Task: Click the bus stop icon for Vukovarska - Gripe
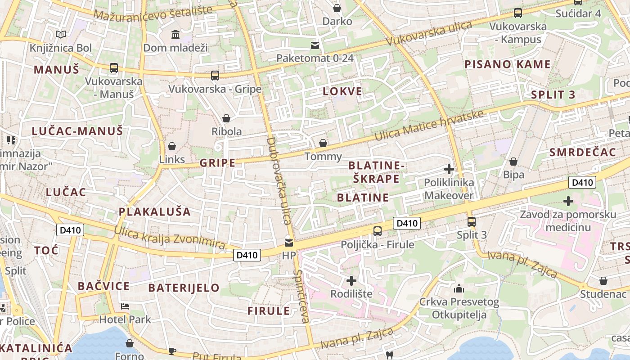pyautogui.click(x=215, y=76)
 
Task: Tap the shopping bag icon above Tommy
pyautogui.click(x=323, y=143)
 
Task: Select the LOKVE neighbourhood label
pyautogui.click(x=342, y=91)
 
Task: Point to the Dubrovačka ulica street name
pyautogui.click(x=279, y=180)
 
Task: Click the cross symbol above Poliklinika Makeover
pyautogui.click(x=449, y=169)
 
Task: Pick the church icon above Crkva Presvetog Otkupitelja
pyautogui.click(x=459, y=288)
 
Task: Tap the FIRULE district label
pyautogui.click(x=269, y=311)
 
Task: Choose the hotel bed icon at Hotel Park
pyautogui.click(x=125, y=306)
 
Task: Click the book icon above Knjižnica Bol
pyautogui.click(x=61, y=34)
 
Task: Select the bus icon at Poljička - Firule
pyautogui.click(x=378, y=231)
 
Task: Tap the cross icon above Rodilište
pyautogui.click(x=351, y=281)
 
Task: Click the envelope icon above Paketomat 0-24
pyautogui.click(x=315, y=45)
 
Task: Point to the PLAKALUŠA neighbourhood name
pyautogui.click(x=155, y=211)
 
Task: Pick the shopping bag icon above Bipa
pyautogui.click(x=513, y=162)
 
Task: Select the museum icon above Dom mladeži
pyautogui.click(x=175, y=35)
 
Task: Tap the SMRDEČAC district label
pyautogui.click(x=582, y=152)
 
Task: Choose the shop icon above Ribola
pyautogui.click(x=226, y=118)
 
